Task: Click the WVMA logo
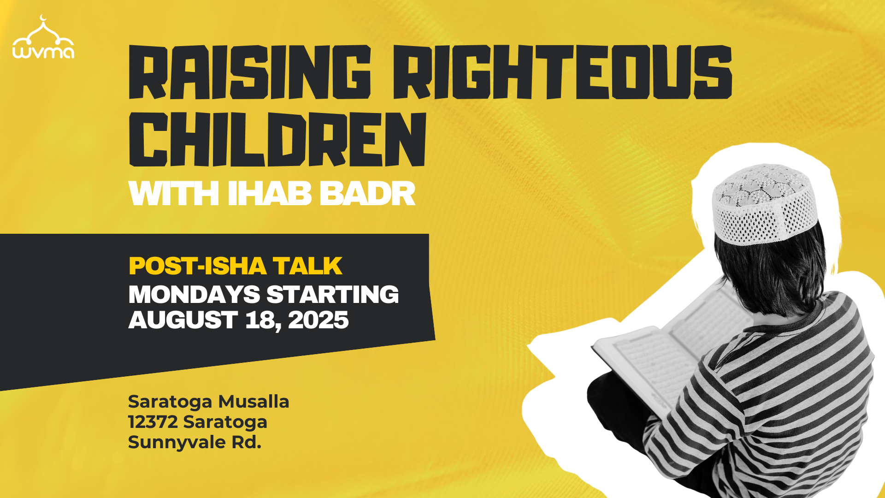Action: click(43, 38)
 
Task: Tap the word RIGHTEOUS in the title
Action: click(562, 72)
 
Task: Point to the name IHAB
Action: click(270, 194)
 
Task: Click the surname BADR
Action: click(368, 194)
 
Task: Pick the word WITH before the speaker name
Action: click(174, 194)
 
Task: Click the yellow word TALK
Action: click(307, 266)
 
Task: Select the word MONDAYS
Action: click(194, 295)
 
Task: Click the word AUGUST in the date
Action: click(183, 320)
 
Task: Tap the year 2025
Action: click(319, 320)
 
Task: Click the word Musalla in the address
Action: click(254, 402)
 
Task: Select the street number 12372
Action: click(153, 422)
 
